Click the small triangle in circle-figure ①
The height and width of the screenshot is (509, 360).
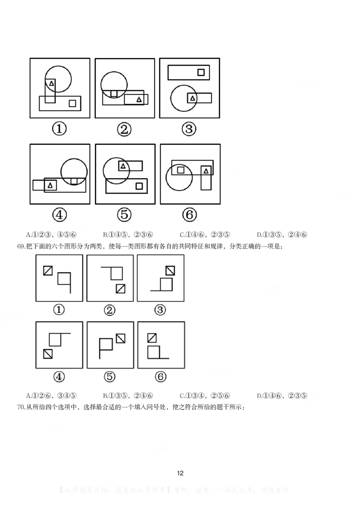(51, 83)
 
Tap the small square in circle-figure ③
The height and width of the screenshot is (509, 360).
(201, 71)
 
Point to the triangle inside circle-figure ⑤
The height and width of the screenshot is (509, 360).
(123, 166)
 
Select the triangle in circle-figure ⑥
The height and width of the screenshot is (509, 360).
(206, 170)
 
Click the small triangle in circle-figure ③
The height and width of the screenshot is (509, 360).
(193, 98)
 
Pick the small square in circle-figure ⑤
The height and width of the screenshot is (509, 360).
(139, 185)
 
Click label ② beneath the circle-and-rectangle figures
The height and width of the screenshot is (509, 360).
(124, 129)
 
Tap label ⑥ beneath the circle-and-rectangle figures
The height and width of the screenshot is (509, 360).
(189, 215)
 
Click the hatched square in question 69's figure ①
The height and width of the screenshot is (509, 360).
(48, 270)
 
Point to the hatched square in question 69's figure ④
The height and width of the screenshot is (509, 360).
(48, 353)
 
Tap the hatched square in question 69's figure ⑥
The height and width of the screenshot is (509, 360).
(152, 337)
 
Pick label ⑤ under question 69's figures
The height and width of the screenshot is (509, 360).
(110, 377)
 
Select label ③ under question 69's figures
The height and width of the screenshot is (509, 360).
(160, 310)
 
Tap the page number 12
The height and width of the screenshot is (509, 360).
(180, 473)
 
